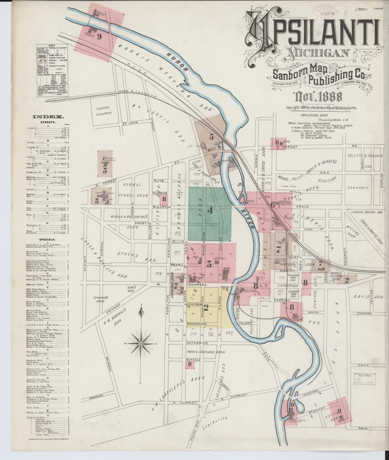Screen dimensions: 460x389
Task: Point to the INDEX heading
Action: (x=48, y=117)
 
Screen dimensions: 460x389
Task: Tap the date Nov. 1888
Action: (x=319, y=96)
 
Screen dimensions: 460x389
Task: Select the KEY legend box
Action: (x=52, y=70)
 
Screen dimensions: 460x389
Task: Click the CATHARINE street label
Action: (x=197, y=343)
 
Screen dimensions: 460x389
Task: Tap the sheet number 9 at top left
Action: (x=99, y=37)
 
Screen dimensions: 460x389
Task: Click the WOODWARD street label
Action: (x=196, y=324)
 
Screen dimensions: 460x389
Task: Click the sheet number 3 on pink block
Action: (x=209, y=265)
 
